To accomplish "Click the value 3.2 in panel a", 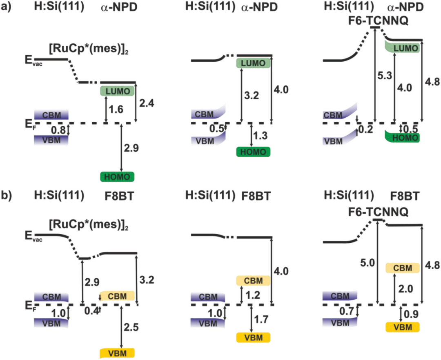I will pyautogui.click(x=248, y=94).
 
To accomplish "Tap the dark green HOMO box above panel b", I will pyautogui.click(x=117, y=177).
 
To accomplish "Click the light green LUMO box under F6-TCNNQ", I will pyautogui.click(x=403, y=48).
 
